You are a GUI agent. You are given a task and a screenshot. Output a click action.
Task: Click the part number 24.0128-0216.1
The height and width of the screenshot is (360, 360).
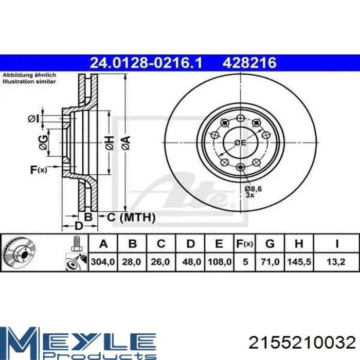(x=146, y=63)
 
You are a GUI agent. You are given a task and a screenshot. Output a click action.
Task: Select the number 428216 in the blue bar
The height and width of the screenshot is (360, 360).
(x=249, y=63)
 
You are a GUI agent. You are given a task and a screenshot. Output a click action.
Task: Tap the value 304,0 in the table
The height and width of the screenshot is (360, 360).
(x=103, y=262)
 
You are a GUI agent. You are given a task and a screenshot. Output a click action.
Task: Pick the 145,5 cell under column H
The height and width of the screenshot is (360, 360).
(x=299, y=262)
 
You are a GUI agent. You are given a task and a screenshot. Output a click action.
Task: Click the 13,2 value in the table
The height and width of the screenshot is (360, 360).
(x=336, y=262)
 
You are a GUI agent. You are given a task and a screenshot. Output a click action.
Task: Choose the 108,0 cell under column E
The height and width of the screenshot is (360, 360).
(x=220, y=262)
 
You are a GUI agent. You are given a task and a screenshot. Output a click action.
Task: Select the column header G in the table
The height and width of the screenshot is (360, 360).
(x=270, y=243)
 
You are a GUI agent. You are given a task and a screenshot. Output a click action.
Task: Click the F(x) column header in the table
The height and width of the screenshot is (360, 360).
(x=245, y=243)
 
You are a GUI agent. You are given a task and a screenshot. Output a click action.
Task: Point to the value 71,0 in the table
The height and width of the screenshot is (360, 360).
(x=270, y=262)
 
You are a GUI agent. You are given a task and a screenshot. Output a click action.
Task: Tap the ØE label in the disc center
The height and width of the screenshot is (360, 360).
(x=240, y=143)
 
